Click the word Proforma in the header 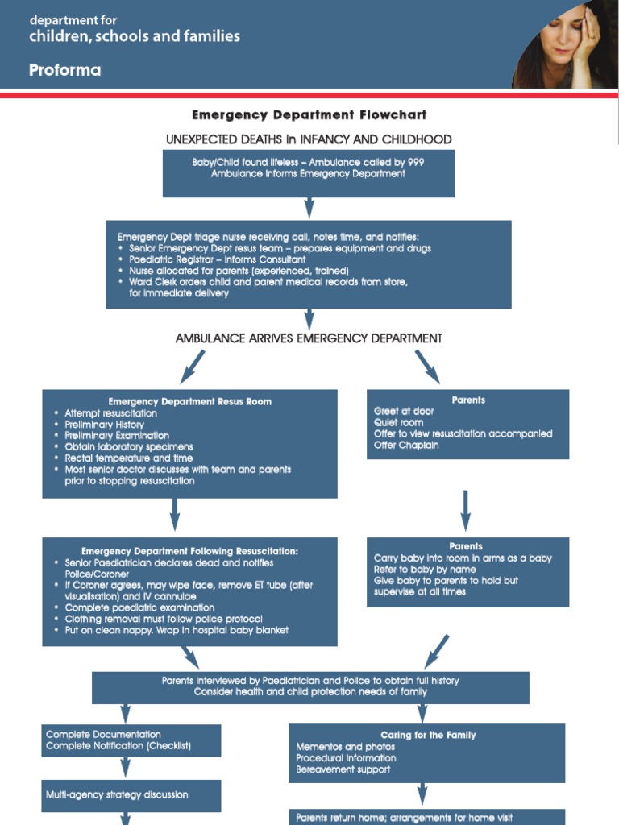point(64,70)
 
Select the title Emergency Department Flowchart point(309,115)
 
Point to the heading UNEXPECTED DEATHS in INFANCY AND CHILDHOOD point(309,139)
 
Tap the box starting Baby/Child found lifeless point(308,173)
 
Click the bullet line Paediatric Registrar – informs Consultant point(217,259)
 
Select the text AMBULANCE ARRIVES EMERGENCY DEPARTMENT point(309,338)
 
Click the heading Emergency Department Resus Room point(189,401)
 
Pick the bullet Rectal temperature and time point(129,458)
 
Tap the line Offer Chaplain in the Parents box point(406,445)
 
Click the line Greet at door point(404,411)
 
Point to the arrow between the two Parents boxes point(466,509)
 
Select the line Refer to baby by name point(425,569)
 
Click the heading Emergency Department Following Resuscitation point(189,551)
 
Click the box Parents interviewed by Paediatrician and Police point(310,686)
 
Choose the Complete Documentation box point(131,740)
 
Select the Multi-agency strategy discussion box point(131,795)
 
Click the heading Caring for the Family point(428,735)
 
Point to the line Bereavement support point(343,769)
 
